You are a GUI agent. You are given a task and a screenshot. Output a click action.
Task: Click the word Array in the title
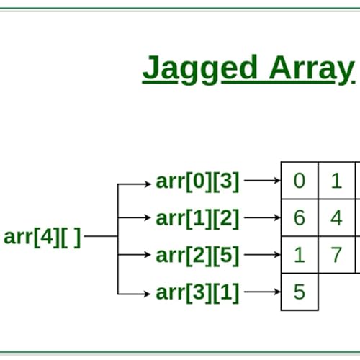click(x=311, y=69)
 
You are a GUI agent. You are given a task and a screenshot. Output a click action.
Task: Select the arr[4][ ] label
click(x=42, y=236)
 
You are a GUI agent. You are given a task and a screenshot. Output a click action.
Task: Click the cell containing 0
click(x=299, y=181)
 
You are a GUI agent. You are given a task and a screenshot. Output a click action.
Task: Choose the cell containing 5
click(x=299, y=292)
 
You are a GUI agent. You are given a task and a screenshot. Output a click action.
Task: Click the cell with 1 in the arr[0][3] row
click(x=336, y=181)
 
